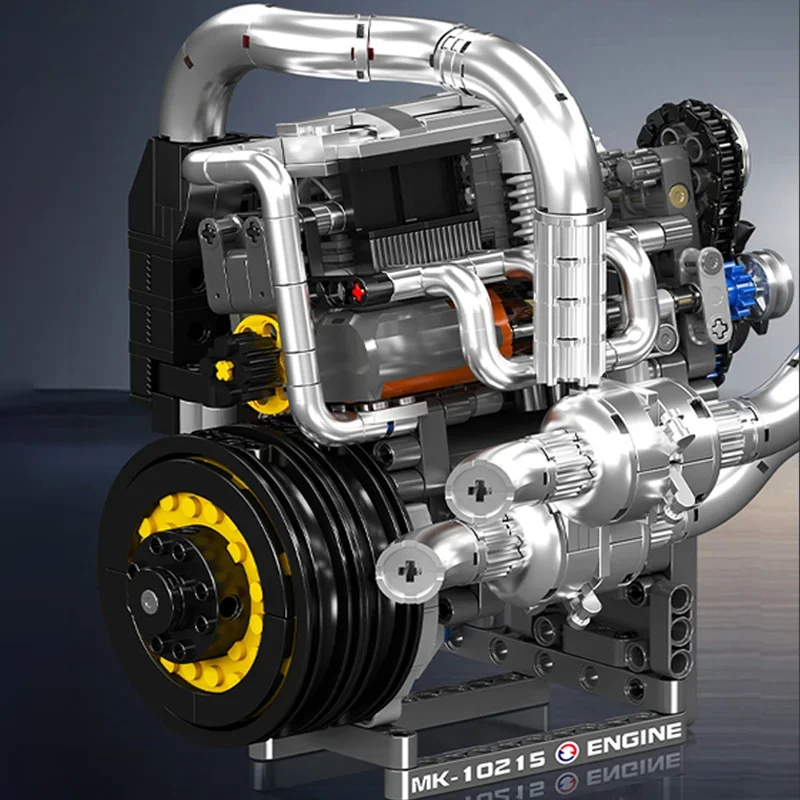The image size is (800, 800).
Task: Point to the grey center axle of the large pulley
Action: (149, 600)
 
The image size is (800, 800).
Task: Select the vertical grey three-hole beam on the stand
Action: (681, 630)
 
